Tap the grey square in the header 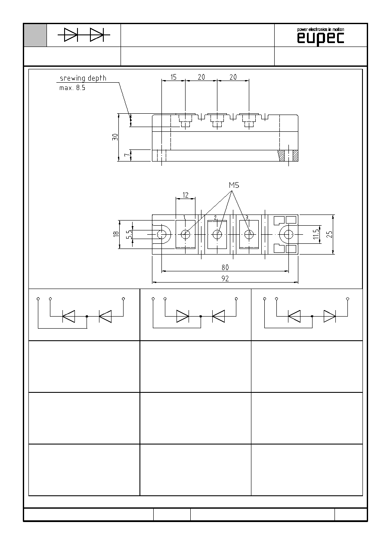(x=35, y=35)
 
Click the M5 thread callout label (x=234, y=185)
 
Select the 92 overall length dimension (x=225, y=279)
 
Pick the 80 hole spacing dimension (x=225, y=267)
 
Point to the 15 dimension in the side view (x=173, y=77)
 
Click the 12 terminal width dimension (x=186, y=195)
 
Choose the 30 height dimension (x=115, y=137)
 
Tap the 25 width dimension (x=329, y=234)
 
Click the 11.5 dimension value (x=316, y=234)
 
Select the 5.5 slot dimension (x=129, y=234)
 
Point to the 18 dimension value (x=116, y=234)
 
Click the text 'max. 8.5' (x=72, y=88)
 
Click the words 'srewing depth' (x=83, y=78)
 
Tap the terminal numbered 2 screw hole (x=217, y=235)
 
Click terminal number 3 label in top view (x=247, y=218)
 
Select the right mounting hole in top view (x=288, y=235)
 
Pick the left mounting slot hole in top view (x=161, y=235)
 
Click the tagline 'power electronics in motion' (x=320, y=30)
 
